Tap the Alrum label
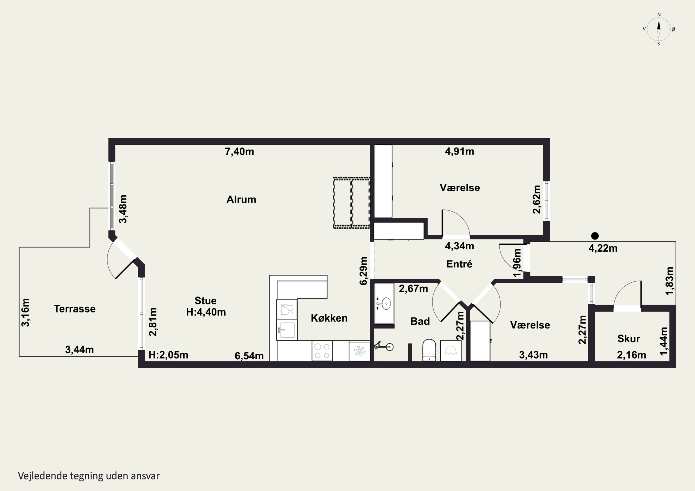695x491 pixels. [x=241, y=199]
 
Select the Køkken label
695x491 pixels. [x=329, y=318]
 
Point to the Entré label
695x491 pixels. [x=459, y=264]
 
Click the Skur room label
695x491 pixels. [x=629, y=338]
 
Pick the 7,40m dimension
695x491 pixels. [x=240, y=152]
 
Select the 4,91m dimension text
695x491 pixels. [x=459, y=151]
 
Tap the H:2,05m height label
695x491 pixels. [x=168, y=355]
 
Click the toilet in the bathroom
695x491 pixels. [x=429, y=350]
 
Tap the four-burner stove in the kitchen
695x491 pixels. [x=322, y=351]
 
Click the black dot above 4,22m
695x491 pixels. [x=595, y=236]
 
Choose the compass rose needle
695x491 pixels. [x=659, y=29]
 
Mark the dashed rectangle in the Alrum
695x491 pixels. [x=351, y=203]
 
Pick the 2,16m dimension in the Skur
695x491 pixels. [x=632, y=355]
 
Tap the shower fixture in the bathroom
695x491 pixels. [x=384, y=346]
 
